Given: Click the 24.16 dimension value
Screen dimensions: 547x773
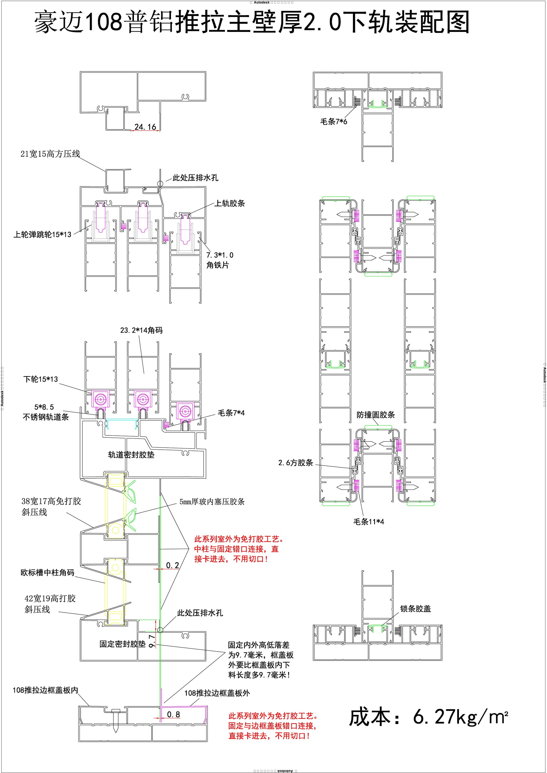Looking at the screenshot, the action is (145, 127).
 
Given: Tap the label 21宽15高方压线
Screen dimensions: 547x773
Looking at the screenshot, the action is (50, 154).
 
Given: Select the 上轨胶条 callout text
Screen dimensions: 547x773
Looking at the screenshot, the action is (230, 203).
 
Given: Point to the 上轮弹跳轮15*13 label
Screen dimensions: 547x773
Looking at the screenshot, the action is (42, 234).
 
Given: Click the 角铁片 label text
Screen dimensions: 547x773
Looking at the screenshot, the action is (218, 265).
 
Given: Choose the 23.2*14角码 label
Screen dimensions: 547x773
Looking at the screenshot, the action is (142, 330).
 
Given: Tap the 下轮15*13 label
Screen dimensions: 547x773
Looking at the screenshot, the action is (40, 379).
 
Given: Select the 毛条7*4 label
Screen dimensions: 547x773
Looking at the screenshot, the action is (231, 413).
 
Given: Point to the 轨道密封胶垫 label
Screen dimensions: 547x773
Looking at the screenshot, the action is (131, 455).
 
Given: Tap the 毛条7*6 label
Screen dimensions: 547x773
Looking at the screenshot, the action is (334, 122).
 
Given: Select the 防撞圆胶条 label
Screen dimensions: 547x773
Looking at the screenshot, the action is (376, 415).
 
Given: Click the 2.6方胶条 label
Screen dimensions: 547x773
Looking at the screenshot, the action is (295, 462).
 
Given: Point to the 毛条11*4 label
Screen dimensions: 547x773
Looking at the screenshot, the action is (369, 521).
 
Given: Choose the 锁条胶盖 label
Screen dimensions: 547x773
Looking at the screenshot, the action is (416, 609).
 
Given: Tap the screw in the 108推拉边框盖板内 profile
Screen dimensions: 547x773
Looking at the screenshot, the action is (116, 718).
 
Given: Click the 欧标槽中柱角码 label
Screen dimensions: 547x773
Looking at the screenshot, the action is (48, 573).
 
